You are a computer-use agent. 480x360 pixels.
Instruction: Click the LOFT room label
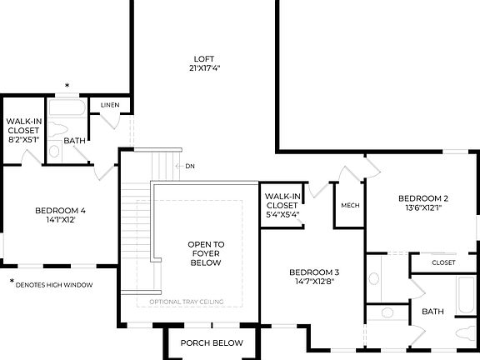pyautogui.click(x=204, y=58)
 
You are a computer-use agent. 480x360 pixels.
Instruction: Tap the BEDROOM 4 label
pyautogui.click(x=60, y=210)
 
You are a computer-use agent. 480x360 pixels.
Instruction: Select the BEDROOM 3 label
pyautogui.click(x=314, y=272)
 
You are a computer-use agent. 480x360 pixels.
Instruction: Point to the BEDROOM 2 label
pyautogui.click(x=422, y=197)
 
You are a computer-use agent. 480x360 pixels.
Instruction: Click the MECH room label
pyautogui.click(x=349, y=204)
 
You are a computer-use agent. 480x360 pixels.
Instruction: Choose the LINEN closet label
pyautogui.click(x=110, y=105)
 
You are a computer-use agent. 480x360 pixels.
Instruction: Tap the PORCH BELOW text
pyautogui.click(x=212, y=342)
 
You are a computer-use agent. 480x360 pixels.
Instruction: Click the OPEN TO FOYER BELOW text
pyautogui.click(x=204, y=253)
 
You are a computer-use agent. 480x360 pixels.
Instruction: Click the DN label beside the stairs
pyautogui.click(x=190, y=166)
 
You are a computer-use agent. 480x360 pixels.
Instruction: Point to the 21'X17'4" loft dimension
pyautogui.click(x=204, y=68)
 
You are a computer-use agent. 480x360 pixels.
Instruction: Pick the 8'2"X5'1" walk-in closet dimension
pyautogui.click(x=22, y=140)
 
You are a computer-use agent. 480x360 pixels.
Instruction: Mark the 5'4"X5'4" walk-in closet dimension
pyautogui.click(x=282, y=214)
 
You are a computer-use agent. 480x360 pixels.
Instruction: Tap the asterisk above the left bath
pyautogui.click(x=67, y=86)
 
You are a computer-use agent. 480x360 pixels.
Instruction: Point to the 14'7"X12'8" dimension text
pyautogui.click(x=314, y=282)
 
